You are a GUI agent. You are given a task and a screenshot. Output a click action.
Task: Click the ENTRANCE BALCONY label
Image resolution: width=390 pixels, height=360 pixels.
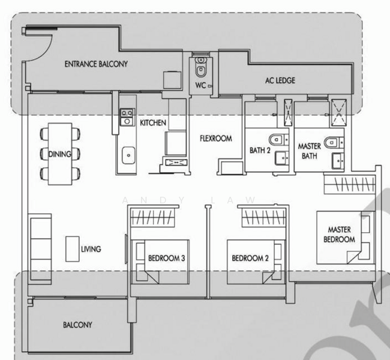[x=96, y=64]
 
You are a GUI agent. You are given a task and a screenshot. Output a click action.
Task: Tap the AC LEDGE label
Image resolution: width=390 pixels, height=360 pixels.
[x=280, y=80]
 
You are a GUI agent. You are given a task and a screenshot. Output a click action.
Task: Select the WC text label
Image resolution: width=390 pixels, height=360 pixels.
[x=200, y=85]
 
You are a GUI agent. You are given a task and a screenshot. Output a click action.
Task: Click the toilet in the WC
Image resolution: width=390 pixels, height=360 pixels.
[x=200, y=68]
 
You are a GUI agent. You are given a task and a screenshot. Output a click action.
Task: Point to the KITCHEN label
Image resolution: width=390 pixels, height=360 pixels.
[x=153, y=122]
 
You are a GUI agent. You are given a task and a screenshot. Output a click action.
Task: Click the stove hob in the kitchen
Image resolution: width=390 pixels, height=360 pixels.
[x=127, y=117]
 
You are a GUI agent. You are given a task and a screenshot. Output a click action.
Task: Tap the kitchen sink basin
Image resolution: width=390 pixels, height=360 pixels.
[x=128, y=155]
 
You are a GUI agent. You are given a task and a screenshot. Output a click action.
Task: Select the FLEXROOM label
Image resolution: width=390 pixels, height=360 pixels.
[x=216, y=139]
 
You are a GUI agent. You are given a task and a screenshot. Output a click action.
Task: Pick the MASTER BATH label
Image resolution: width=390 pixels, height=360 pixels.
[x=310, y=151]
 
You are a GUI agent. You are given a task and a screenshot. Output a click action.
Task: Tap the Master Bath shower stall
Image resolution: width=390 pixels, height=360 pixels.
[x=338, y=112]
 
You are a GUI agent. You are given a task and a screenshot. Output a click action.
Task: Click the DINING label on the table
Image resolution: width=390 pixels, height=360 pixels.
[x=59, y=154]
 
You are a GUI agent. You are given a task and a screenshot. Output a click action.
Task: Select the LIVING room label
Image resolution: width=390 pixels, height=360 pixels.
[x=91, y=249]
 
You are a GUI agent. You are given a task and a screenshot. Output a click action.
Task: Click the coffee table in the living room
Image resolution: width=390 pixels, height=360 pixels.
[x=73, y=249]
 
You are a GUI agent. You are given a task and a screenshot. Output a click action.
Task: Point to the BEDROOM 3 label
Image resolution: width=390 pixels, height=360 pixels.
[x=167, y=258]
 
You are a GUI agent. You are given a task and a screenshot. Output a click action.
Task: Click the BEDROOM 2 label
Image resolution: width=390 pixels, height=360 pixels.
[x=250, y=258]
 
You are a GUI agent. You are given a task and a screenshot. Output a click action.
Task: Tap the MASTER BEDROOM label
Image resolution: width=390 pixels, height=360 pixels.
[x=339, y=235]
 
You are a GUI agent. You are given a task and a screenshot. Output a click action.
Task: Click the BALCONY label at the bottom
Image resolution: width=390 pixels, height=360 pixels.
[x=77, y=325]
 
